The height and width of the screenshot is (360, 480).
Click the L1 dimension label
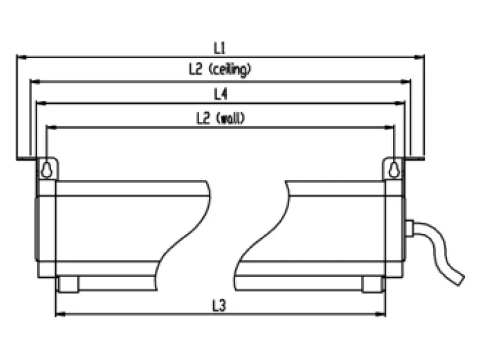pos(220,48)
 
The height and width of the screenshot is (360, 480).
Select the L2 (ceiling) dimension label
pos(220,69)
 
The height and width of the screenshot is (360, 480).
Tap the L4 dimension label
pos(220,94)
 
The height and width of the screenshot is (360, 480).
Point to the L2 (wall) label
pos(220,118)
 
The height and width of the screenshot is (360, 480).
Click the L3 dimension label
pos(219,305)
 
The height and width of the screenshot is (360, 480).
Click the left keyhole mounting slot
pos(46,170)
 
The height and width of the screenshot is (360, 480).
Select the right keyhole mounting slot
pos(394,170)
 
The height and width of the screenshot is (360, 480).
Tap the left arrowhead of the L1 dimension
pos(22,57)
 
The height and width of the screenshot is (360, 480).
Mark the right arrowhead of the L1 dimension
pos(419,57)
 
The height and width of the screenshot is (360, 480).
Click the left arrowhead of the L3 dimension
pos(61,314)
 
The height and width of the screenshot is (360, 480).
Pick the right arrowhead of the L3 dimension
pos(380,314)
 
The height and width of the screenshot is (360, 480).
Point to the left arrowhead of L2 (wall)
pos(52,127)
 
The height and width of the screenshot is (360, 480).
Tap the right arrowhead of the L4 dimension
pos(400,103)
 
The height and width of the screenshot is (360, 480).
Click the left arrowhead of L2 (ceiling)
pos(35,82)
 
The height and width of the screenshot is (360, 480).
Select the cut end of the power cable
pos(461,280)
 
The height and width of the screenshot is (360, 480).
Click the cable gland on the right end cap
pos(409,229)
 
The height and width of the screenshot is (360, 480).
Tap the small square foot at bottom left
pos(68,284)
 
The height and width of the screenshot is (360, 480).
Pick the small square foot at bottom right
pos(372,284)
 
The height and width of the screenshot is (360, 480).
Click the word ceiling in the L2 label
pos(230,70)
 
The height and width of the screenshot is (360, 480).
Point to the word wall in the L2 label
pos(230,118)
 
